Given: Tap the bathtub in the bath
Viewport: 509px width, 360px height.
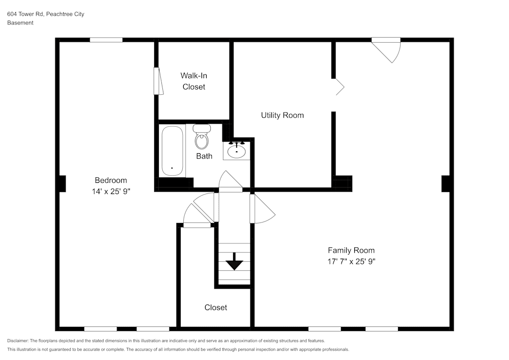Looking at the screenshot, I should (x=172, y=151).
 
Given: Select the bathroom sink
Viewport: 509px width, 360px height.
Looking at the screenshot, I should (x=237, y=151).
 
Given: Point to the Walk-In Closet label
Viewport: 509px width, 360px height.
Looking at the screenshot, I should (x=194, y=81).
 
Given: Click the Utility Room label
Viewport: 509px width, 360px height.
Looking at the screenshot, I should (x=282, y=115).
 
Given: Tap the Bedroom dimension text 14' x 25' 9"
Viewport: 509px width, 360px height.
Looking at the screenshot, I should (x=110, y=191).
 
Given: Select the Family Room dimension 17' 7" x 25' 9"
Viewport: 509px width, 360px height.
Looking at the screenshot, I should (x=351, y=261).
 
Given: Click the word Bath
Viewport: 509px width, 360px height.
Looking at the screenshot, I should (x=204, y=156).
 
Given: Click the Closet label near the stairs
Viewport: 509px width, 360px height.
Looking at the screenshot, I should (x=216, y=307).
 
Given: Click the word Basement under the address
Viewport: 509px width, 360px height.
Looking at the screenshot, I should (x=20, y=23).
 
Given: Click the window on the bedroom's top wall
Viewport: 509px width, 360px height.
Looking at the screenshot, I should (x=106, y=40).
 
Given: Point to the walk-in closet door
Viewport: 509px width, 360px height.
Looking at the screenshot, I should (x=158, y=81).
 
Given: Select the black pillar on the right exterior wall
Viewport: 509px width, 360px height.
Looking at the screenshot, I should (x=446, y=183).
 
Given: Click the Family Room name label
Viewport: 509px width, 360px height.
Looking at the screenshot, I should (x=351, y=250).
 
